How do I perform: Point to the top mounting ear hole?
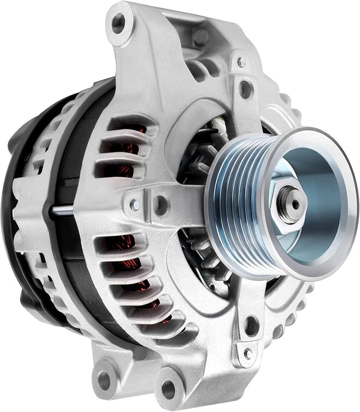pos(119,24)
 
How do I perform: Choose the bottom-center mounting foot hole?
pos(168,388)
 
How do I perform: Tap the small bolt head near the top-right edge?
pos(241,61)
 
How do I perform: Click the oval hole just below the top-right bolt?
pos(245,89)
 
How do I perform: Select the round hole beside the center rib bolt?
pos(159,205)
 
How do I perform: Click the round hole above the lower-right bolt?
pos(252,325)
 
